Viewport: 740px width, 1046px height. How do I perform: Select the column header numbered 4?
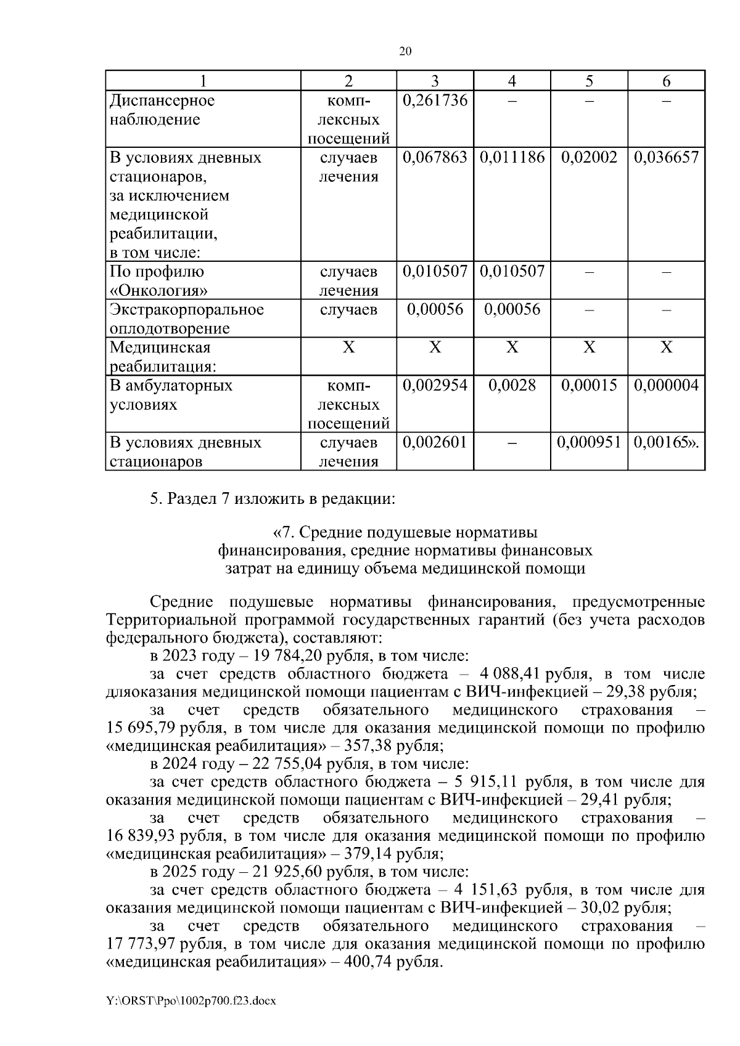[512, 81]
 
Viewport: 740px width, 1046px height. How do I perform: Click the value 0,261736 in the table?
[435, 100]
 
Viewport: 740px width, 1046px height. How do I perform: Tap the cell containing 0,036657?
[666, 157]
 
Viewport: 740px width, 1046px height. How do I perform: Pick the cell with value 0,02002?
[589, 157]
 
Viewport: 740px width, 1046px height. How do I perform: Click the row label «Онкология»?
[158, 291]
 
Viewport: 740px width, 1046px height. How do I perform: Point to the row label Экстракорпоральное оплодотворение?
[186, 318]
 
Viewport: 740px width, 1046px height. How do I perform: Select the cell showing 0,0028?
[512, 386]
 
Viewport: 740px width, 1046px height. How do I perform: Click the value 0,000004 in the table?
[666, 386]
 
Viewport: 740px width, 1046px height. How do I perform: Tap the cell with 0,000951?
[589, 442]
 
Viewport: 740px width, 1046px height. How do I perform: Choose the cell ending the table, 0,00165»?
[666, 442]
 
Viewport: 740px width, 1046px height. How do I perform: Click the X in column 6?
[666, 348]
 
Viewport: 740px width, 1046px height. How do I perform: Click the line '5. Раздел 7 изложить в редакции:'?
[272, 498]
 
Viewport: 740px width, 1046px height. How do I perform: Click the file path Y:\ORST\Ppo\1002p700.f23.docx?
[191, 1001]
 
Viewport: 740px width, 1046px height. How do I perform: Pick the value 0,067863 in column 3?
[435, 157]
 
